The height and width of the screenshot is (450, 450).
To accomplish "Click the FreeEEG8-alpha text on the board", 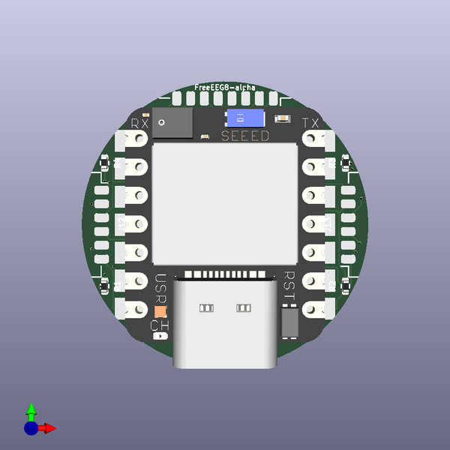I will pos(225,88).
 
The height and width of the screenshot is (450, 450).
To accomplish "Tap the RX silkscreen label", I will pos(140,124).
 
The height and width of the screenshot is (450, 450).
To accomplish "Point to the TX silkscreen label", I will pos(310,124).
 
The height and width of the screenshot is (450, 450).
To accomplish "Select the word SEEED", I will pos(245,136).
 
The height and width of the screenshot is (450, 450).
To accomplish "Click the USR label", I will pos(160,289).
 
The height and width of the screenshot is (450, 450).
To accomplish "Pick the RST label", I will pos(290,286).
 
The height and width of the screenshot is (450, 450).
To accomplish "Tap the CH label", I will pos(160,325).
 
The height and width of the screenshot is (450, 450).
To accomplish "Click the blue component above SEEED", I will pos(245,118).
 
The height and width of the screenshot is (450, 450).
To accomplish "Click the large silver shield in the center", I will pos(224,202).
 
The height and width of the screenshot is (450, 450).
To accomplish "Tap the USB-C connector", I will pos(224,322).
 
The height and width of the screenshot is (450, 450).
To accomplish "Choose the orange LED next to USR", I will pos(160,312).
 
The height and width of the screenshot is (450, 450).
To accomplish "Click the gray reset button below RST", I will pos(289,322).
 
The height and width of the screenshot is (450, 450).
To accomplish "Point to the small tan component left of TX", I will pos(283,118).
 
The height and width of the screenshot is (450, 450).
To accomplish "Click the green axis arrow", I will pos(31,411).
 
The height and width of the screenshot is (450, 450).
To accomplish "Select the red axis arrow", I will pos(48,428).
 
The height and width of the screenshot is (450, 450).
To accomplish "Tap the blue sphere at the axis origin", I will pos(31,428).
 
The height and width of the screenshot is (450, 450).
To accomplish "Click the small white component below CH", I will pos(160,337).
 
